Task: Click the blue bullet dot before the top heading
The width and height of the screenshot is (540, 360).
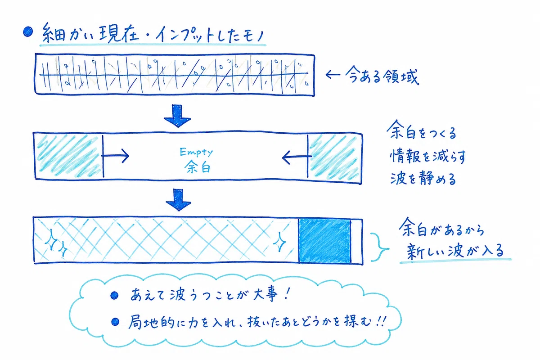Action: (28, 31)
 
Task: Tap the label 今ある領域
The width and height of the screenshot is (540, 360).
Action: (382, 75)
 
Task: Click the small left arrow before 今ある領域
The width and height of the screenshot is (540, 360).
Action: (333, 75)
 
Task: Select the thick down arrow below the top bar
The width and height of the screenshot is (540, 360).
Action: (177, 116)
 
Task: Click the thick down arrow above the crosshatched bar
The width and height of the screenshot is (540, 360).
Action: (178, 200)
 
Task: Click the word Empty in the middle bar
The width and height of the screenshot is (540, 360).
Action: (196, 152)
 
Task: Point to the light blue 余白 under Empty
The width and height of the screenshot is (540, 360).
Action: (198, 166)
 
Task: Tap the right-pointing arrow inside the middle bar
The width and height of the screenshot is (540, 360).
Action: (115, 156)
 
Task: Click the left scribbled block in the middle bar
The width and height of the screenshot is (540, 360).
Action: (69, 156)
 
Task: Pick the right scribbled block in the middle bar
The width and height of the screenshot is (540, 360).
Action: (334, 157)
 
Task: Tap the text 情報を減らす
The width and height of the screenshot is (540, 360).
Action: (427, 156)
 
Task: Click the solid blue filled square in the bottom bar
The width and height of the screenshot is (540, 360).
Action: (324, 241)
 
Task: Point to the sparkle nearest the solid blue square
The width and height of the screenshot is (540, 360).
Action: (279, 242)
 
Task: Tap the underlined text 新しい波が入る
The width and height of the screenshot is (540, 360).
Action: (455, 250)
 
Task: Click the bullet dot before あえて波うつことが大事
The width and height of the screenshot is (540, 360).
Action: (114, 295)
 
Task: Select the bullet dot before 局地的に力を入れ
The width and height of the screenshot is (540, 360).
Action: (115, 322)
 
